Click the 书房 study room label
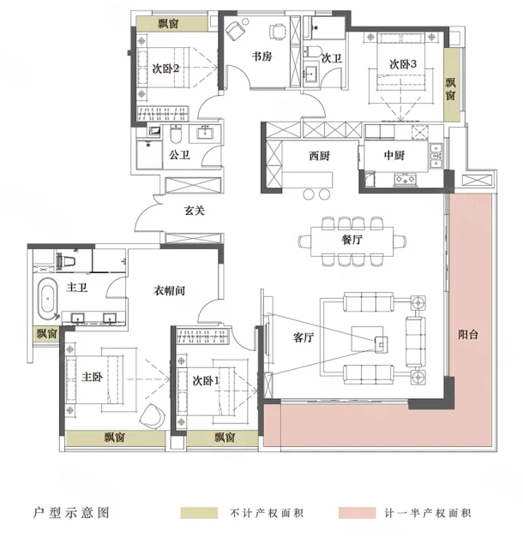tap(261, 57)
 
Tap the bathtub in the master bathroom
tap(48, 299)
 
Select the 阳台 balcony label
tap(468, 334)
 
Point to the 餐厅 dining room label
tap(352, 240)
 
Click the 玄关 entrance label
tap(195, 211)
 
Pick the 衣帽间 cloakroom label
tap(169, 291)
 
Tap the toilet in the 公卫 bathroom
tap(176, 134)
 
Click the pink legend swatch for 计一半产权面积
tap(357, 513)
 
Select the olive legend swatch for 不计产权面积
tap(199, 513)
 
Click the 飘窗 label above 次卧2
tap(168, 24)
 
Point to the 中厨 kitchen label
tap(394, 156)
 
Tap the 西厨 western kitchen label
tap(319, 156)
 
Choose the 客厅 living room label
tap(304, 337)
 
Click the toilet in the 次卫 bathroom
tap(313, 51)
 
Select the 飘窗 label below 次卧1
tap(225, 438)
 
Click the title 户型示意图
tap(71, 513)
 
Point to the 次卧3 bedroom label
tap(403, 64)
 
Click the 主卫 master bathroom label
tap(77, 287)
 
